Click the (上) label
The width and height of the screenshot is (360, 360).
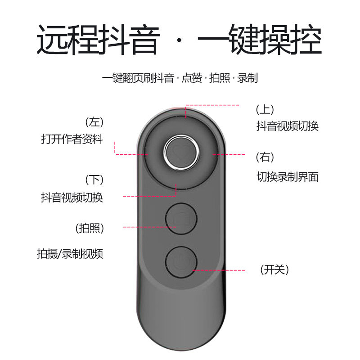pos(265,109)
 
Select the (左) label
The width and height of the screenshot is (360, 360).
pos(94,122)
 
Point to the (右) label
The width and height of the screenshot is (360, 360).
pos(265,157)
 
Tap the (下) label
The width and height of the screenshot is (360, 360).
pos(94,180)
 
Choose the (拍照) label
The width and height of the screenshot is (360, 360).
pos(90,228)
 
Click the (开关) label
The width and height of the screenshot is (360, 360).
pos(274,270)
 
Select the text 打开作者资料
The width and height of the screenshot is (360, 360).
pos(72,139)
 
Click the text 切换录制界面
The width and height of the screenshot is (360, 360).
pos(287,177)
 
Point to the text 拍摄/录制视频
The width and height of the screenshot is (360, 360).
pos(70,254)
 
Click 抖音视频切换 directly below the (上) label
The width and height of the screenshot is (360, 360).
pos(287,126)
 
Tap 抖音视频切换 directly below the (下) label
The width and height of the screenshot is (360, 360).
pos(72,197)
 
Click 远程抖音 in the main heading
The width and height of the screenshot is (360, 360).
pos(98,40)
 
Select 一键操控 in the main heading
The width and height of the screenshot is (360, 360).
pos(260,40)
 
